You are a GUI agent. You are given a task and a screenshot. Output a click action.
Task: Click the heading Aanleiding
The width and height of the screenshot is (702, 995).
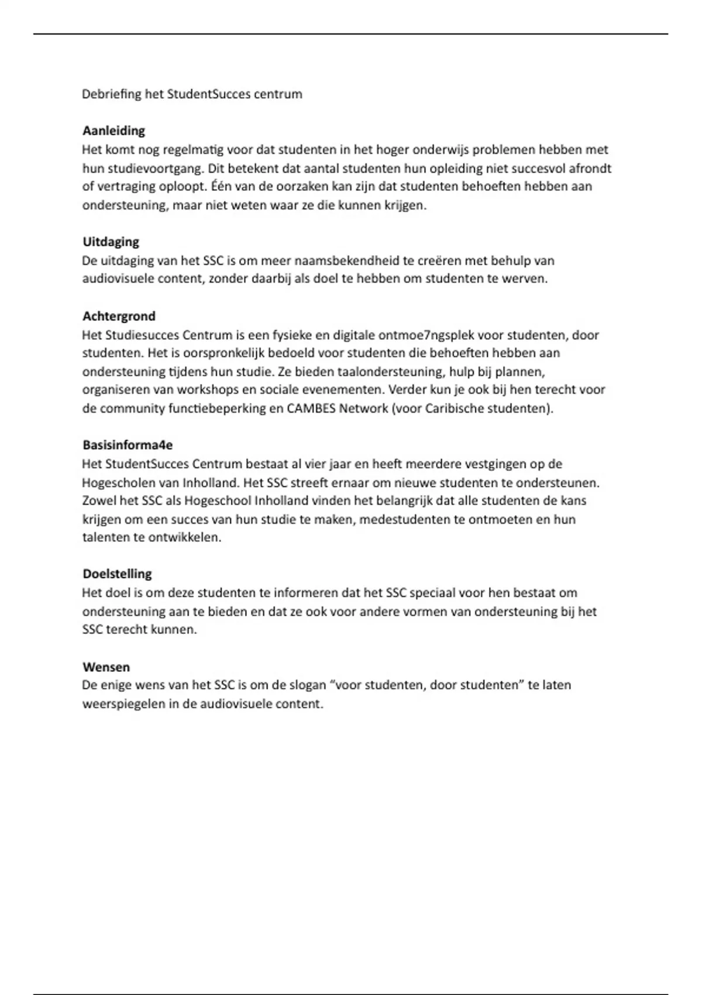[x=113, y=131]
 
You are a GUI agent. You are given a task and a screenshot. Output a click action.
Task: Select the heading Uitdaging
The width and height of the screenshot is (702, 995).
[x=111, y=242]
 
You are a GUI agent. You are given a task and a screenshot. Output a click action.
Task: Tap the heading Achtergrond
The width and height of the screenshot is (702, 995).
[x=119, y=316]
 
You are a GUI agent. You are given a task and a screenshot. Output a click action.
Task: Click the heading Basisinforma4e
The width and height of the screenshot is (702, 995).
[x=128, y=445]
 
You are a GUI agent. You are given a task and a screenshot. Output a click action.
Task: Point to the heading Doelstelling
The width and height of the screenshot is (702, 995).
[x=117, y=574]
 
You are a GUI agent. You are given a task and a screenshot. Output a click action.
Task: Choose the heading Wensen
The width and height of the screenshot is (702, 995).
[x=106, y=667]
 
